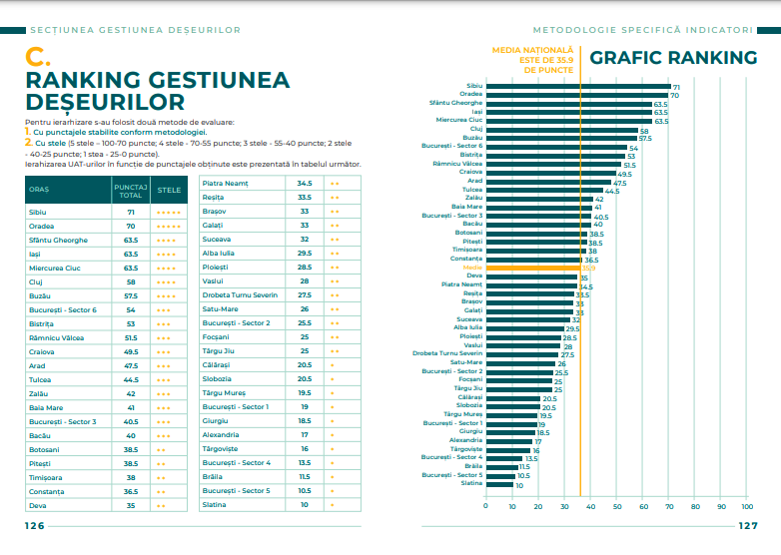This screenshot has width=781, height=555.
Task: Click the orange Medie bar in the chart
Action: (x=532, y=268)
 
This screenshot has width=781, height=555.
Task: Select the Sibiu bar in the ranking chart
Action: (x=577, y=87)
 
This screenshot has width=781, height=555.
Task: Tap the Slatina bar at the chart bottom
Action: (x=498, y=484)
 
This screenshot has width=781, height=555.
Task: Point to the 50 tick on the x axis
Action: (x=617, y=505)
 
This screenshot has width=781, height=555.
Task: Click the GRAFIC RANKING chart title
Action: (x=673, y=58)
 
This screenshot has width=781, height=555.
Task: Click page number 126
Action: (x=35, y=526)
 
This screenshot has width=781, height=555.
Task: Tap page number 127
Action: (x=748, y=526)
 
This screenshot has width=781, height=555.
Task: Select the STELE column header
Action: (x=169, y=189)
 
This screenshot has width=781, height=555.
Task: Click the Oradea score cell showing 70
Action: (x=130, y=227)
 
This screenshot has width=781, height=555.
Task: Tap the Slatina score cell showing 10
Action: (x=305, y=505)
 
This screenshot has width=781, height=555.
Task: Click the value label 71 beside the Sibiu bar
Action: (x=676, y=87)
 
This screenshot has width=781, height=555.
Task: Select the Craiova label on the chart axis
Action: (x=470, y=172)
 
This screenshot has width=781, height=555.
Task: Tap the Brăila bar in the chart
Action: (x=500, y=466)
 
